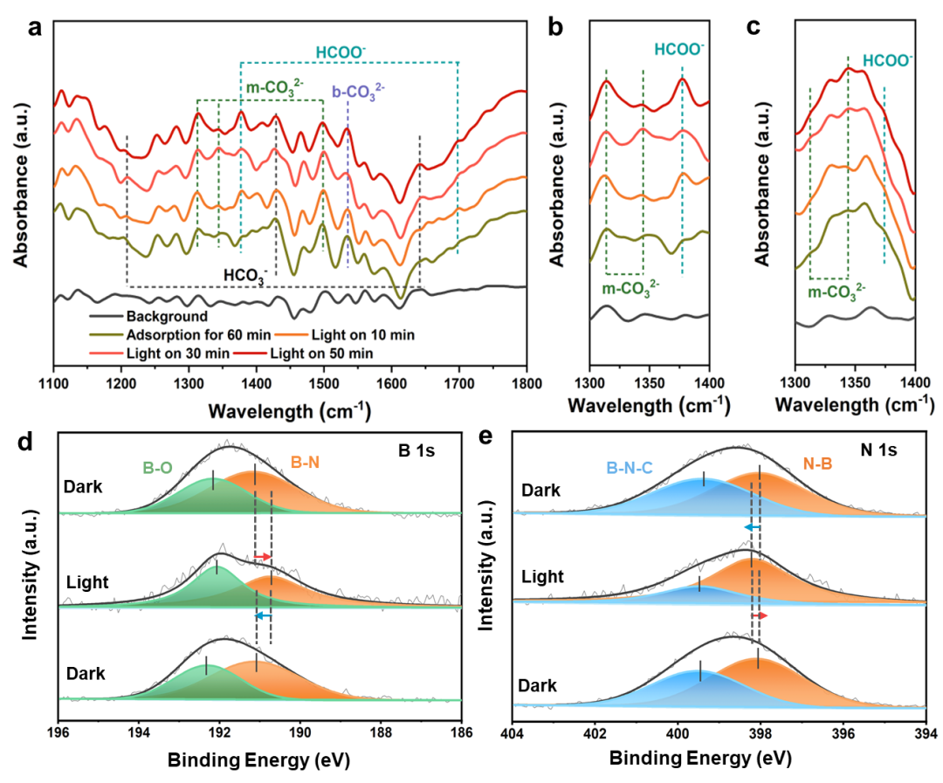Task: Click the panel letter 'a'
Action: [35, 27]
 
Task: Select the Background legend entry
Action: [166, 317]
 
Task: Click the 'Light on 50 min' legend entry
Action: [322, 353]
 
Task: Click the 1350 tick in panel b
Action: [649, 383]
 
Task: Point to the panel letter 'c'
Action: [754, 27]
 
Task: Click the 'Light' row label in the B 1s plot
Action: [87, 581]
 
